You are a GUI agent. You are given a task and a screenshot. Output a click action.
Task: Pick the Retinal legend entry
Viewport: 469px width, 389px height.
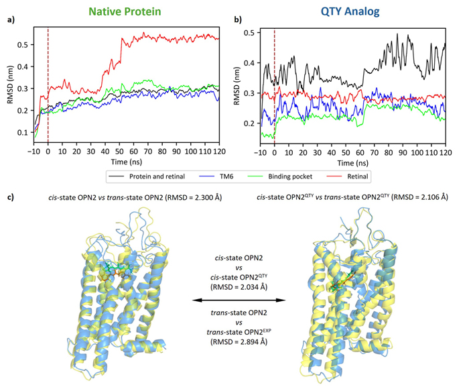click(x=352, y=176)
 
